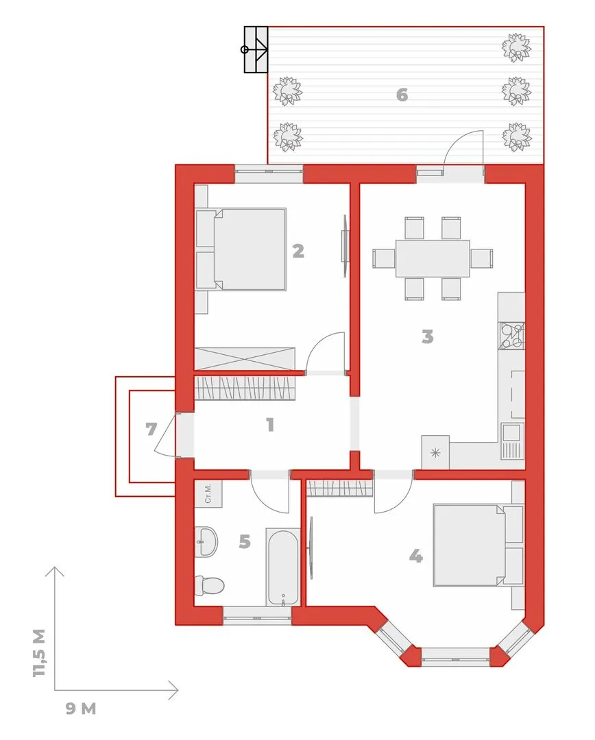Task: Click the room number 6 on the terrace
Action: coord(402,95)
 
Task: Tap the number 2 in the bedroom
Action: coord(298,251)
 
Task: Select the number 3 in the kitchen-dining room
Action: coord(427,336)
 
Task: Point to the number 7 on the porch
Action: coord(151,429)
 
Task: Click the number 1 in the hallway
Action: coord(270,425)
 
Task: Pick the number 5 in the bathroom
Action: coord(245,541)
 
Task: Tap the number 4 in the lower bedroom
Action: coord(415,556)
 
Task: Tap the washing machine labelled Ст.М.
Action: coord(208,493)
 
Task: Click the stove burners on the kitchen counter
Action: coord(512,336)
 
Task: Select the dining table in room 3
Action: coord(433,258)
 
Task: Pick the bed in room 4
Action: coord(478,545)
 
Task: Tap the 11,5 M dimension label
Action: coord(40,653)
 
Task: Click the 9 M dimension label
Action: coord(81,708)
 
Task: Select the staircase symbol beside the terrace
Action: coord(256,49)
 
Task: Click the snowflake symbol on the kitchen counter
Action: coord(435,453)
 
